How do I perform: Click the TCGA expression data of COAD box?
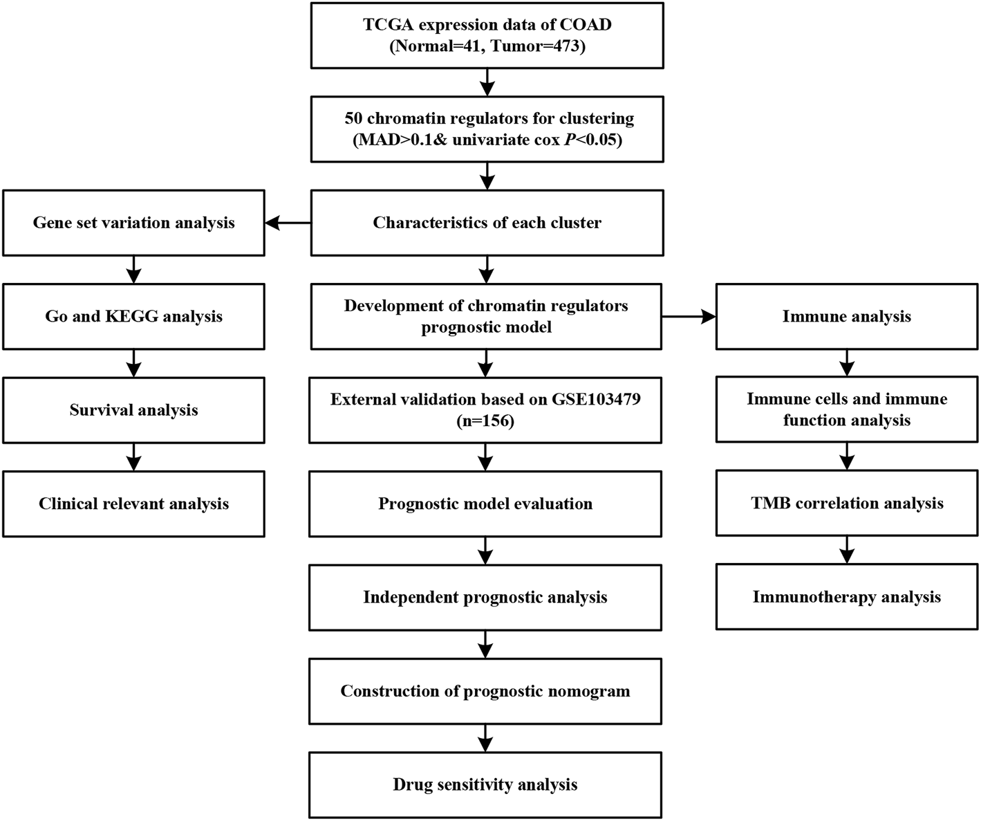tap(487, 35)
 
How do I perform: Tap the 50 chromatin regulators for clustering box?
tap(487, 129)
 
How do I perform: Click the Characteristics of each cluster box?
tap(487, 223)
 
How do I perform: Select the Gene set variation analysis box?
tap(133, 223)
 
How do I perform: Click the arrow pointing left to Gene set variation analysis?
tap(288, 223)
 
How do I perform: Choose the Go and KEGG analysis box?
tap(133, 316)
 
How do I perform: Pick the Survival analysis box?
tap(133, 410)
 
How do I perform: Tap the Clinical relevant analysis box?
tap(133, 504)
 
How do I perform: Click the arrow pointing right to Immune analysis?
tap(689, 316)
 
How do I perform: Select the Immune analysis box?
tap(847, 316)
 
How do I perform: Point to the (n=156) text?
tap(485, 421)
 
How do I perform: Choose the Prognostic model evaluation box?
tap(485, 504)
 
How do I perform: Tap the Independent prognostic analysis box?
tap(485, 597)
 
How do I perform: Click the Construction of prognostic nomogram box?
tap(485, 691)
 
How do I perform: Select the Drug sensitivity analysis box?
tap(485, 784)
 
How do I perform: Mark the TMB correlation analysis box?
tap(847, 503)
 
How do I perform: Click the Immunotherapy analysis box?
tap(847, 597)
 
